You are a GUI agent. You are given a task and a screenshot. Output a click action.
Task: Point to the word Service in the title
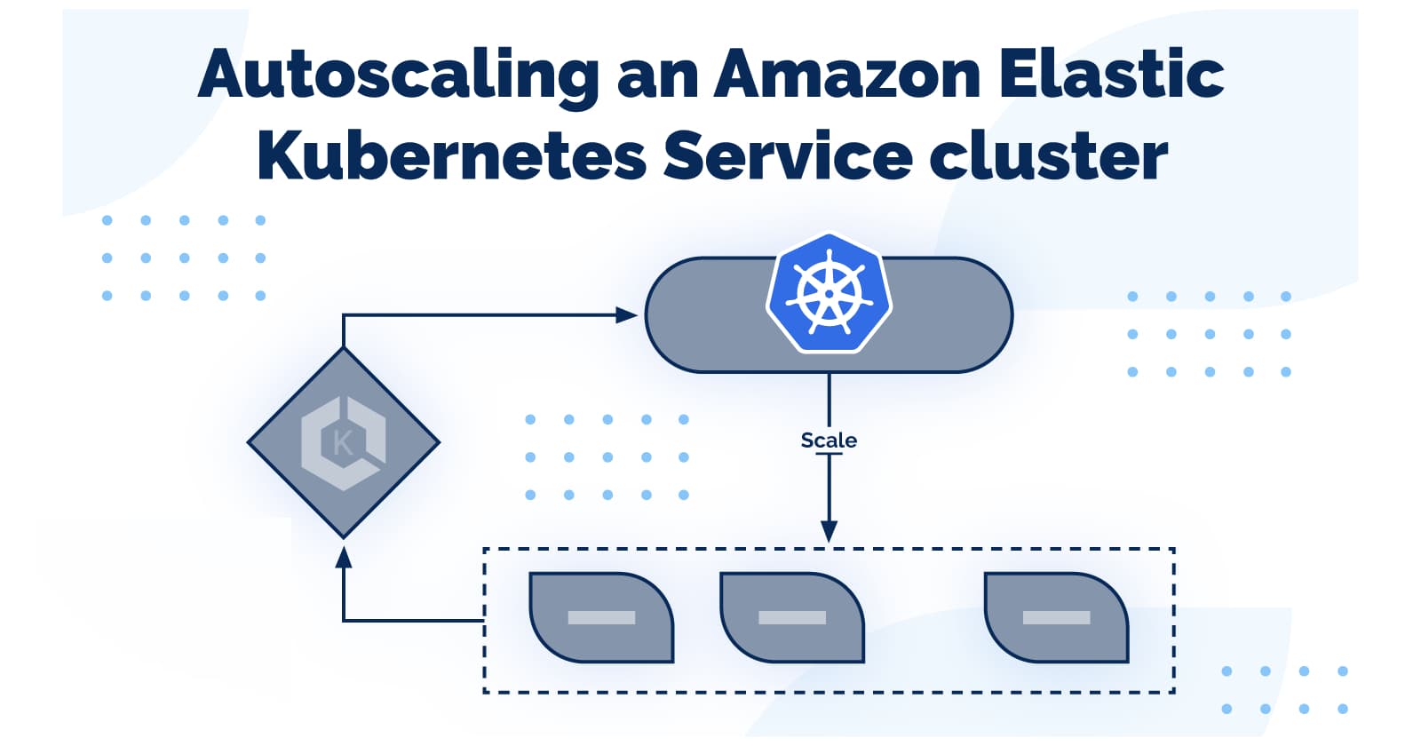pyautogui.click(x=787, y=155)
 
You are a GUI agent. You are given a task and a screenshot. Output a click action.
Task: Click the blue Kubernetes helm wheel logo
pyautogui.click(x=829, y=294)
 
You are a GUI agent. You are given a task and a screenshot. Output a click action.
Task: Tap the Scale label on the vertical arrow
pyautogui.click(x=829, y=440)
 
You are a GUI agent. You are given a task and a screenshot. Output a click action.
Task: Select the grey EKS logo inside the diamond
pyautogui.click(x=343, y=442)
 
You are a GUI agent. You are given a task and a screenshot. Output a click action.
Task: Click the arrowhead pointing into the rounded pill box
pyautogui.click(x=627, y=314)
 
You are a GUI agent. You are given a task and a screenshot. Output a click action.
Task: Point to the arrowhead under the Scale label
pyautogui.click(x=829, y=531)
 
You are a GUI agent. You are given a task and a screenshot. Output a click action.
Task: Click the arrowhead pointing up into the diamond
pyautogui.click(x=344, y=557)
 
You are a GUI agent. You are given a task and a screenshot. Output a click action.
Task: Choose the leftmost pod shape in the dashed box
pyautogui.click(x=601, y=617)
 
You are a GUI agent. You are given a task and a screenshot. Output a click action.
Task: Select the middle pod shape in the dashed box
pyautogui.click(x=791, y=617)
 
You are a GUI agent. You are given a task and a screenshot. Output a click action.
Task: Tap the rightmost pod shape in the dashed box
pyautogui.click(x=1056, y=617)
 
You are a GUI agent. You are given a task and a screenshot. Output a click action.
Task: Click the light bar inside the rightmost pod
pyautogui.click(x=1056, y=617)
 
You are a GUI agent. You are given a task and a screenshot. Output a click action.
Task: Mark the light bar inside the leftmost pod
pyautogui.click(x=601, y=617)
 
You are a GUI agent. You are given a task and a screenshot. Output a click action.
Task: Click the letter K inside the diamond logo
pyautogui.click(x=342, y=442)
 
